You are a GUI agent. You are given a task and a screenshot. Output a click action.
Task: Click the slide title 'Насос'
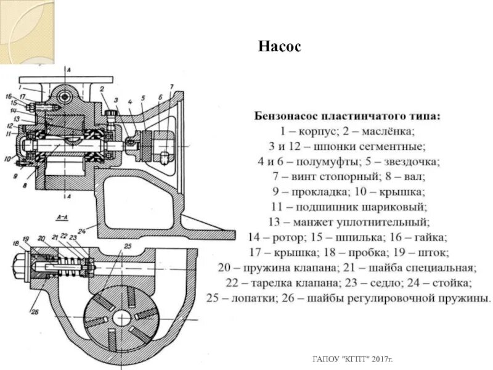[279, 47]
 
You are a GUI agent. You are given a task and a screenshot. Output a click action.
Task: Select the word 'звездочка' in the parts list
[412, 162]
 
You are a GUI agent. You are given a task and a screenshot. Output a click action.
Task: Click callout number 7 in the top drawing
[172, 86]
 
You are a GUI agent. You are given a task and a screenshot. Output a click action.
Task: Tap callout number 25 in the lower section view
[127, 247]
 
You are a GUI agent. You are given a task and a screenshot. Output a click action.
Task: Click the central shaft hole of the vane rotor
[121, 317]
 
